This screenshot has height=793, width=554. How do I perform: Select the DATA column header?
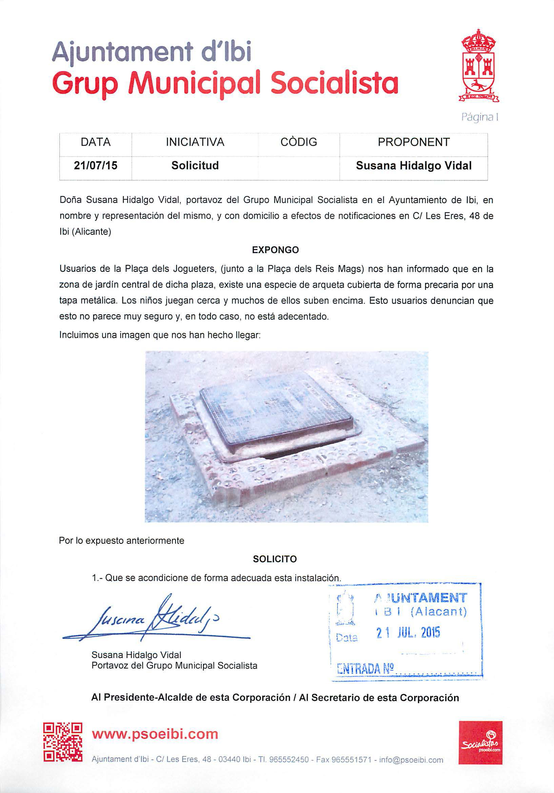pos(96,142)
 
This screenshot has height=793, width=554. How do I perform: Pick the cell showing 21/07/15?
pos(96,166)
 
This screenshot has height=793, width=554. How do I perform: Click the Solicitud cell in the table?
pos(195,166)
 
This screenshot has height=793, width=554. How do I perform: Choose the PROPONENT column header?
pos(414,142)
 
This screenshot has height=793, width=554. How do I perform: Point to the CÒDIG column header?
pos(299,142)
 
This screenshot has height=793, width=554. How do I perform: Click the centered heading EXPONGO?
pos(275,250)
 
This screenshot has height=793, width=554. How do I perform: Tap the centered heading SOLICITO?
pos(275,559)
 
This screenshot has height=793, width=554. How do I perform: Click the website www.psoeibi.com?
pos(155,734)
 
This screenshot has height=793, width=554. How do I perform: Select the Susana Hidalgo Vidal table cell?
pos(414,166)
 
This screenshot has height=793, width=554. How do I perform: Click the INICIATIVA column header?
pos(195,142)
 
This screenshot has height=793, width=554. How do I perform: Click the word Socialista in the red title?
pos(334,83)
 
